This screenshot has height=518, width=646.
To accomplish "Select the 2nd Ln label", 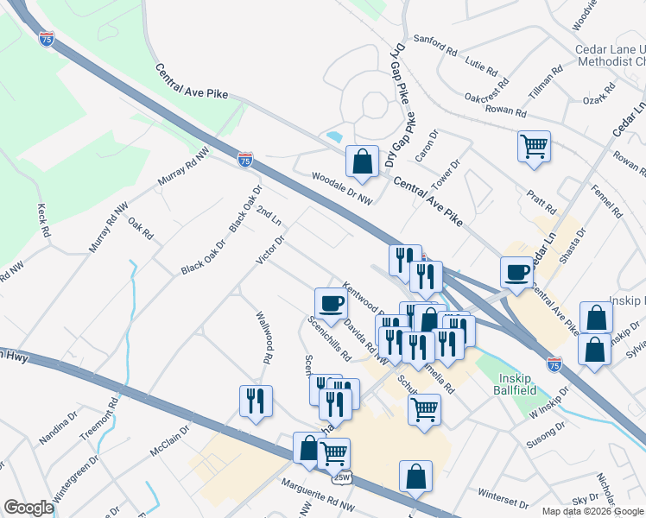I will [269, 216].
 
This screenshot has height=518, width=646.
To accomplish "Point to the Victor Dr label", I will [270, 248].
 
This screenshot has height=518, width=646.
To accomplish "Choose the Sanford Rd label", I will [434, 44].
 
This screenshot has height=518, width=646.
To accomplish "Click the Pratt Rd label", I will [542, 204].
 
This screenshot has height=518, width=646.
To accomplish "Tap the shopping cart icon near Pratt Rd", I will [534, 146].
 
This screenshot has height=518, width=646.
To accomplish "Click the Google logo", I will [28, 508].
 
